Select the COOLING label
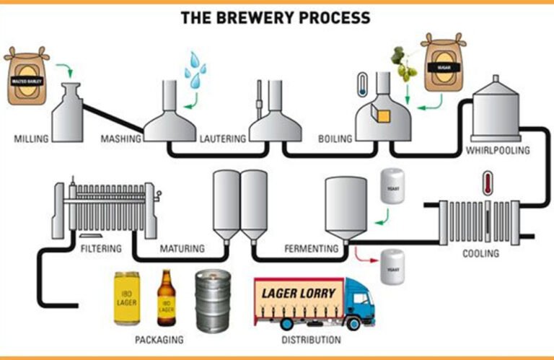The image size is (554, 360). tap(480, 253)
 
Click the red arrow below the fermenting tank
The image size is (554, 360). tap(365, 253)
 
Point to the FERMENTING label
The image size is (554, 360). tap(311, 250)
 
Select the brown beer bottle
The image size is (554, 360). tap(166, 297)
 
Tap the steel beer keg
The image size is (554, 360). tap(214, 301)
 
